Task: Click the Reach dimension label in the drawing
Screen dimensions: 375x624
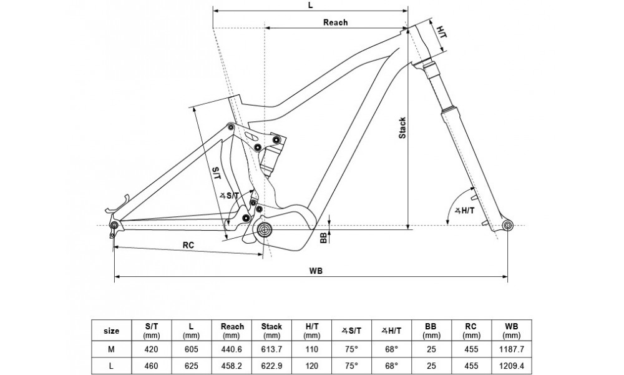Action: click(335, 22)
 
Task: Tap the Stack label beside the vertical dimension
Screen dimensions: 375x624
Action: click(402, 127)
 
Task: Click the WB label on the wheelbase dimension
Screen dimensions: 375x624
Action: click(316, 271)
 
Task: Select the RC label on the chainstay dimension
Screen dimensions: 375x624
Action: click(188, 246)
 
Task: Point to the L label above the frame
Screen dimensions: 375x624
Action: click(310, 5)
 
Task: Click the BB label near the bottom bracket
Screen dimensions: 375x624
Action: click(323, 237)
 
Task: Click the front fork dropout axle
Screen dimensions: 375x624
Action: click(507, 224)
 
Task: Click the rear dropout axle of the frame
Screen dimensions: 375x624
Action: click(114, 225)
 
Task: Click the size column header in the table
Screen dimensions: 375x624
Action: click(111, 331)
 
